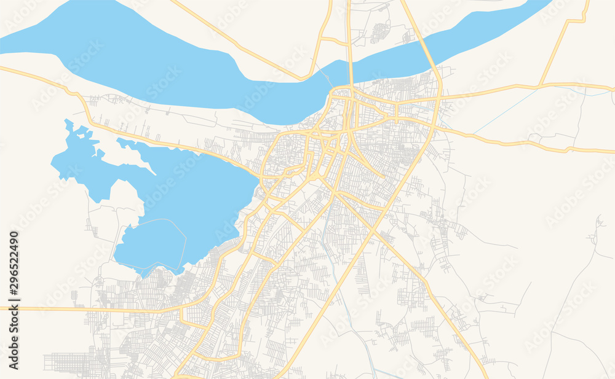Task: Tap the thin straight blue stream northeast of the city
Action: pyautogui.click(x=504, y=107)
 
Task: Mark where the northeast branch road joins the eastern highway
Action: pyautogui.click(x=541, y=85)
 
